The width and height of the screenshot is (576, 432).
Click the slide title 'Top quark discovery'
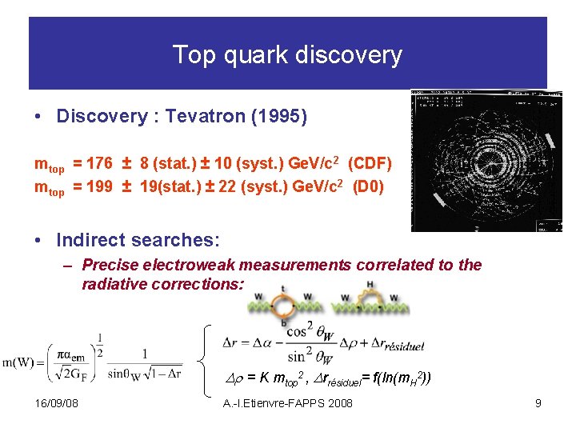point(287,55)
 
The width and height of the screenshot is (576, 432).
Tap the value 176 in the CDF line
point(99,164)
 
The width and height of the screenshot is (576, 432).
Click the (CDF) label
point(370,164)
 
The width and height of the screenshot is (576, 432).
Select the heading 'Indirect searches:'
point(138,240)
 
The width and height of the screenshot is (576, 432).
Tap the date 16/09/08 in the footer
point(57,403)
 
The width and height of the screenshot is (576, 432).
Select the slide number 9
point(538,403)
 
